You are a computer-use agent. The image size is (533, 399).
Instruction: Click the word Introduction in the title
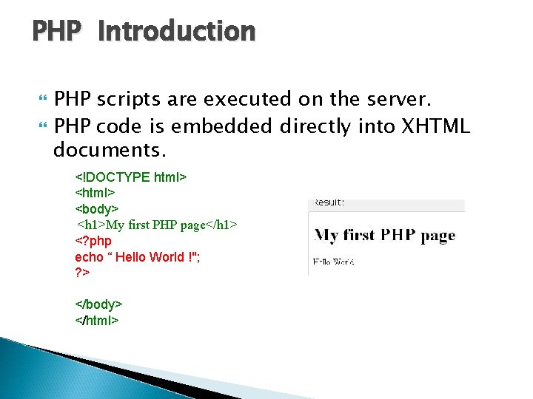[176, 32]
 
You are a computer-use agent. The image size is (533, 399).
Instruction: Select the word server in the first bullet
[403, 99]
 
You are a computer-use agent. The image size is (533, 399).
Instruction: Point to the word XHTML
[435, 126]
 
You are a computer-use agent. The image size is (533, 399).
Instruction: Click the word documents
[110, 151]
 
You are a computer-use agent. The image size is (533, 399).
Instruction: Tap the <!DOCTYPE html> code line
[130, 177]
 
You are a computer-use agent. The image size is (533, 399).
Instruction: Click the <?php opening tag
[93, 241]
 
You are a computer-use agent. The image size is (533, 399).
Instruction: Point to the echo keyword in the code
[89, 257]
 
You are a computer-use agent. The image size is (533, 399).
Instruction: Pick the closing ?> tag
[82, 273]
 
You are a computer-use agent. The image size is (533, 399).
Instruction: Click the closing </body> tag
[98, 304]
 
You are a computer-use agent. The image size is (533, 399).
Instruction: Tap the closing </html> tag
[97, 320]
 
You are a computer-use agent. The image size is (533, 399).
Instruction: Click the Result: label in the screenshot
[329, 202]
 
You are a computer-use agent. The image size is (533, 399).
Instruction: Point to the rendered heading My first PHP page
[385, 236]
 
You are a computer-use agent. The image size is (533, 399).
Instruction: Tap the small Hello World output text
[333, 262]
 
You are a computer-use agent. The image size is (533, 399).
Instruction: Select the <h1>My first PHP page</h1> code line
[157, 225]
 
